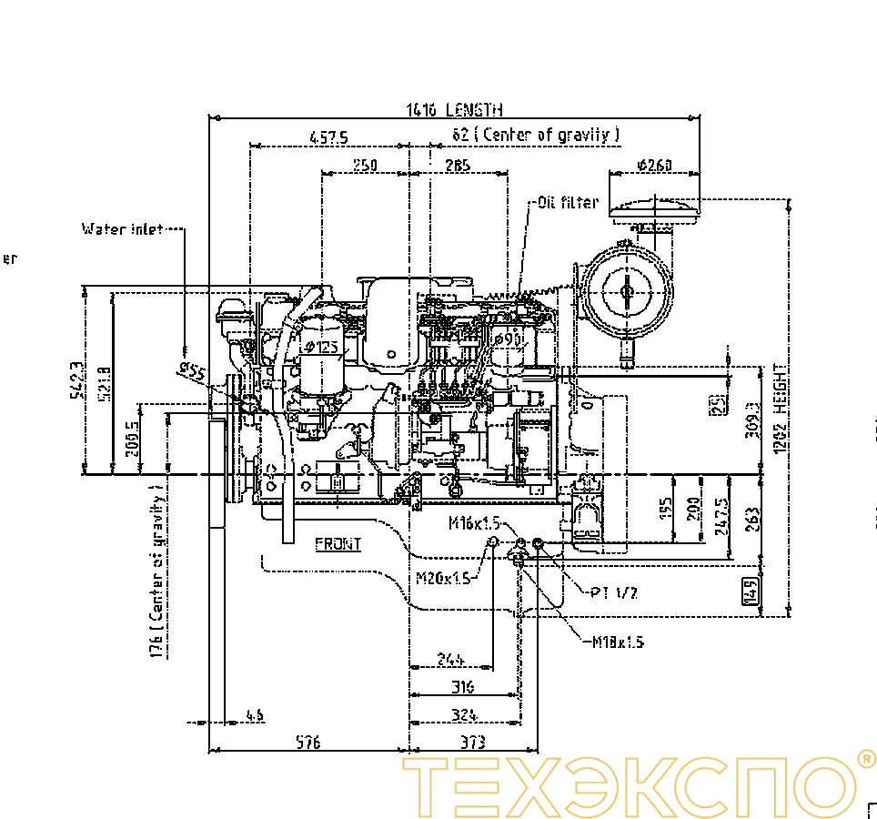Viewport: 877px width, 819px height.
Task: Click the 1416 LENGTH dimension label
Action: point(454,110)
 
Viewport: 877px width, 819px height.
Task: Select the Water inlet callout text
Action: point(123,229)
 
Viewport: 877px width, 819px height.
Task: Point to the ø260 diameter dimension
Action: point(655,165)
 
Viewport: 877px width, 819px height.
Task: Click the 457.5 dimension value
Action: point(328,137)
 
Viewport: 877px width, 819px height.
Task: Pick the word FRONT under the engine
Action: point(338,544)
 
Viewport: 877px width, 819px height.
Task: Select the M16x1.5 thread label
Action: point(475,523)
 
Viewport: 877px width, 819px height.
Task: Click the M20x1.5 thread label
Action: point(443,578)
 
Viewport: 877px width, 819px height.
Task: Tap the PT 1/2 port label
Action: point(613,592)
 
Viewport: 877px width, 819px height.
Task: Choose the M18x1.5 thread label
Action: point(618,642)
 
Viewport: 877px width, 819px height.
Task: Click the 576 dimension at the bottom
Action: point(308,743)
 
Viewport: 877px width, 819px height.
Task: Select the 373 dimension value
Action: point(472,743)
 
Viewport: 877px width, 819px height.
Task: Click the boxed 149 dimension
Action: point(751,591)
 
